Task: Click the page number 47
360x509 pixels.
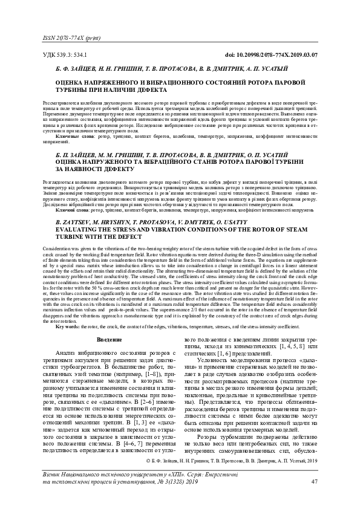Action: [313, 481]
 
